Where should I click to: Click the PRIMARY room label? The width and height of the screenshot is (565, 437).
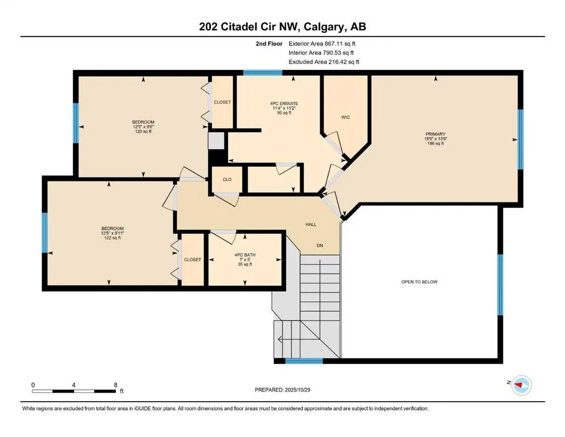point(434,134)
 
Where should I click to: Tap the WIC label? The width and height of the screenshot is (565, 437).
point(345,117)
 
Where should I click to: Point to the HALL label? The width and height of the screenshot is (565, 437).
point(311,225)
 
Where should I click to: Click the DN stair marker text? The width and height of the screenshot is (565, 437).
point(321,246)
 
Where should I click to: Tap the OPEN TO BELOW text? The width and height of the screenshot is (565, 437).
point(419,282)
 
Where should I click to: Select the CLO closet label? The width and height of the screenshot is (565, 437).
point(226,179)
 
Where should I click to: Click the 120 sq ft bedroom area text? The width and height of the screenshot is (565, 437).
point(143,132)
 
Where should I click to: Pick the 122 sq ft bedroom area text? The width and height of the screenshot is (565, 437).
point(112,238)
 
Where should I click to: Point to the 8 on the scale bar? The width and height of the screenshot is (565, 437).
point(116,385)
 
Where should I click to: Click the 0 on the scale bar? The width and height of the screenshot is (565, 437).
point(34,385)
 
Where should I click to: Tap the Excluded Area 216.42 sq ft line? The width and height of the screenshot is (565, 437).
point(324,61)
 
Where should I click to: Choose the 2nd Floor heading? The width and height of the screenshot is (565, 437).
point(270,43)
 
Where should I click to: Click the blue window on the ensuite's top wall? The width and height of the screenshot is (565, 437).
point(262,73)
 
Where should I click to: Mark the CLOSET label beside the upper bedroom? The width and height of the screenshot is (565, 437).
point(222,102)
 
